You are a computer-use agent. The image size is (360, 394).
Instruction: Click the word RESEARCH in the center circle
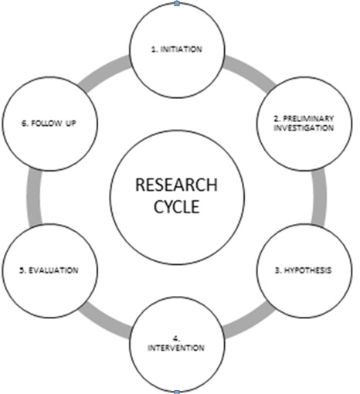[x=176, y=185]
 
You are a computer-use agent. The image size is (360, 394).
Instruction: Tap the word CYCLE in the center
[x=177, y=206]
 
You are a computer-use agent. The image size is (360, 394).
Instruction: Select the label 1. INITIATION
[x=177, y=49]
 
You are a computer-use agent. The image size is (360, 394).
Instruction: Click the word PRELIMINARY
[x=308, y=118]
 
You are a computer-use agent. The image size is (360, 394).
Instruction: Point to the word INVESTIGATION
[x=304, y=127]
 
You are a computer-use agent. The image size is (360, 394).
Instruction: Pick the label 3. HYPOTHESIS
[x=304, y=270]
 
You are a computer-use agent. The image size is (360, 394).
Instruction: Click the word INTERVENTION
[x=176, y=348]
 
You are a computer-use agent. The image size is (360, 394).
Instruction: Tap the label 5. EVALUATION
[x=49, y=270]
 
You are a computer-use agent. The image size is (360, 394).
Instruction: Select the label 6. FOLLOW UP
[x=49, y=124]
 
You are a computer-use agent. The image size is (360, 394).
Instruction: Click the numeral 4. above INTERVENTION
[x=176, y=338]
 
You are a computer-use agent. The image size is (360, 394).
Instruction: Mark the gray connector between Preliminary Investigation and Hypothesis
[x=319, y=197]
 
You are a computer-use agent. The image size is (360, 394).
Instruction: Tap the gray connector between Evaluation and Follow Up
[x=34, y=197]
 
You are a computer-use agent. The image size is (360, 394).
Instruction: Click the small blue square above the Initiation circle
[x=177, y=4]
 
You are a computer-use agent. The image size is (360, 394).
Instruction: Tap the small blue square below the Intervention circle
[x=177, y=392]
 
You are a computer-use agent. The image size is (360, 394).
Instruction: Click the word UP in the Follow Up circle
[x=70, y=124]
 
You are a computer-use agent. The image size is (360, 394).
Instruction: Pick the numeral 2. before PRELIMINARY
[x=277, y=118]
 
